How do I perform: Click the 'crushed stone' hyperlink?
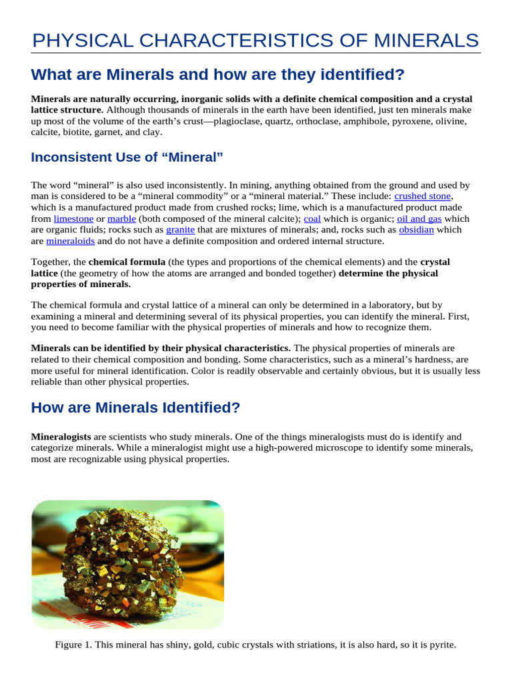(x=423, y=196)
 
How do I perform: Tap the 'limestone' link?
(x=73, y=218)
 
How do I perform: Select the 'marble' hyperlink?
(x=121, y=218)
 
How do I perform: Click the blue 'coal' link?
(x=312, y=218)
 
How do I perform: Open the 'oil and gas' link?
(x=419, y=218)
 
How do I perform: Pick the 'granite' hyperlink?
(x=180, y=230)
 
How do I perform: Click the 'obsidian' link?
(x=416, y=230)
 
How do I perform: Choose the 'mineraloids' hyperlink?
(x=70, y=241)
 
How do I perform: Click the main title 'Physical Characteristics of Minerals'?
(x=256, y=41)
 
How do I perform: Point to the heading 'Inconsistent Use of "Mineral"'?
(x=127, y=157)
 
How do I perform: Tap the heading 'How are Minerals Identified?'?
(x=135, y=408)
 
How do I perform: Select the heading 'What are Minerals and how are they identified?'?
(x=217, y=74)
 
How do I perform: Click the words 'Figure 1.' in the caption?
(x=73, y=645)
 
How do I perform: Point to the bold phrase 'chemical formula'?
(x=127, y=262)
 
